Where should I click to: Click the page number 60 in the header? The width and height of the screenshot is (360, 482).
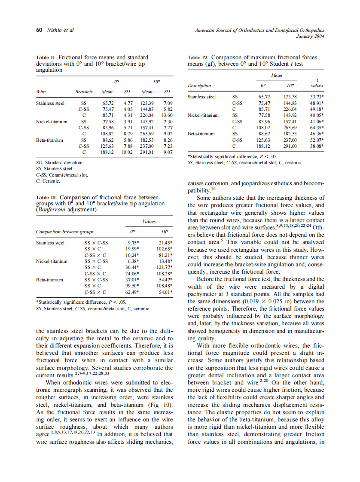(38, 30)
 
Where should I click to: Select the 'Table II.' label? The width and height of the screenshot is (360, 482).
(46, 57)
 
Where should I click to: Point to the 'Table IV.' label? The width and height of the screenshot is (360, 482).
(198, 57)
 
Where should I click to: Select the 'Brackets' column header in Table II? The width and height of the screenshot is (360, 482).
(84, 92)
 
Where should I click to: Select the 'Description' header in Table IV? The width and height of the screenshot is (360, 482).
(199, 85)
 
